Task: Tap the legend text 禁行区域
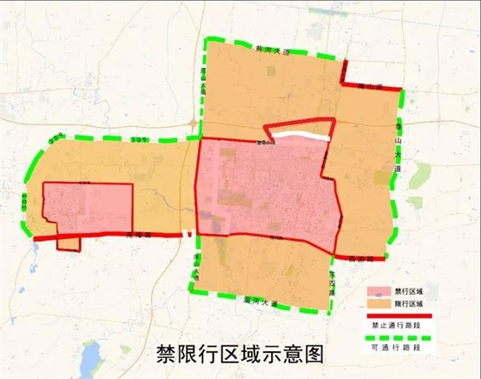coord(409,292)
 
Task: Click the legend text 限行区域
coord(409,303)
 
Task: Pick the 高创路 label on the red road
coord(373,259)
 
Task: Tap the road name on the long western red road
coord(139,235)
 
